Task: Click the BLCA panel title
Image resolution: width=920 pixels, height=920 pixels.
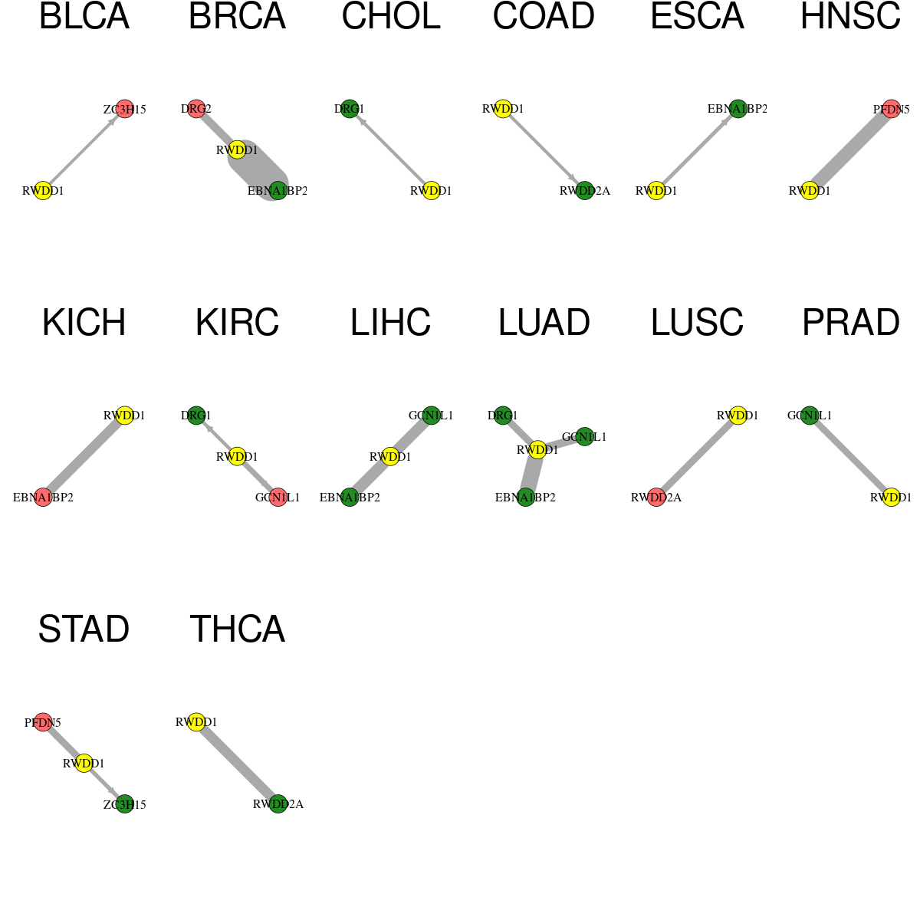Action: click(x=84, y=16)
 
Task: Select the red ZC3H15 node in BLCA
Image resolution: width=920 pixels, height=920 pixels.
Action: click(x=125, y=109)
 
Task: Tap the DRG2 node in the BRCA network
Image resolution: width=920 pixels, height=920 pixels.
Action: click(x=196, y=109)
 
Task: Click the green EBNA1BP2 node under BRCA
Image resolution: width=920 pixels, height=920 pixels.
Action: click(x=278, y=190)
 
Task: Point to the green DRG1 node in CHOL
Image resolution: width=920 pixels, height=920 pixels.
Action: click(x=350, y=109)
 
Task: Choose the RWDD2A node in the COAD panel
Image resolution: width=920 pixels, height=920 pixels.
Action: click(x=584, y=190)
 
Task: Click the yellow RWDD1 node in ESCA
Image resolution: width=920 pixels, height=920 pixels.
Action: click(x=656, y=190)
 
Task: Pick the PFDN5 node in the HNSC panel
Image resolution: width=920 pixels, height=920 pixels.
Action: click(x=891, y=109)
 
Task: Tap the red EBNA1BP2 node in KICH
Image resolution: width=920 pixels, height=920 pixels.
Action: click(x=43, y=497)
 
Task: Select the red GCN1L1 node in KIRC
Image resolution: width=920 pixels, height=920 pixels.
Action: click(x=278, y=497)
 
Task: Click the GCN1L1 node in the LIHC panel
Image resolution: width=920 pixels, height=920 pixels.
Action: click(x=431, y=416)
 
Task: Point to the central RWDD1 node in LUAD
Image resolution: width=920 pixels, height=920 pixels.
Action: click(x=537, y=450)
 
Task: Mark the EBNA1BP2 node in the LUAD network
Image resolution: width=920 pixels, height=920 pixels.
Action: click(x=525, y=497)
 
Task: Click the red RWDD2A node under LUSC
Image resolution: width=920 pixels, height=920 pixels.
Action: click(x=656, y=497)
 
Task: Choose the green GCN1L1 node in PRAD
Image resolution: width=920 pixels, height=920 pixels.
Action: click(x=810, y=416)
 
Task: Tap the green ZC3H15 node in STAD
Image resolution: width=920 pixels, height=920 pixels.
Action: click(x=125, y=804)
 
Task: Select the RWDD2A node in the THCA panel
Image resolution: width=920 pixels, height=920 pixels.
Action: click(x=278, y=804)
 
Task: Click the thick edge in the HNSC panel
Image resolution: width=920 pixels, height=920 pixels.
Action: click(x=850, y=150)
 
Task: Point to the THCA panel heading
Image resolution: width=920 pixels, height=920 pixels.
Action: click(x=237, y=629)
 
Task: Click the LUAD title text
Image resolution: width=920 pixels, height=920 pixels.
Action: click(x=544, y=323)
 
